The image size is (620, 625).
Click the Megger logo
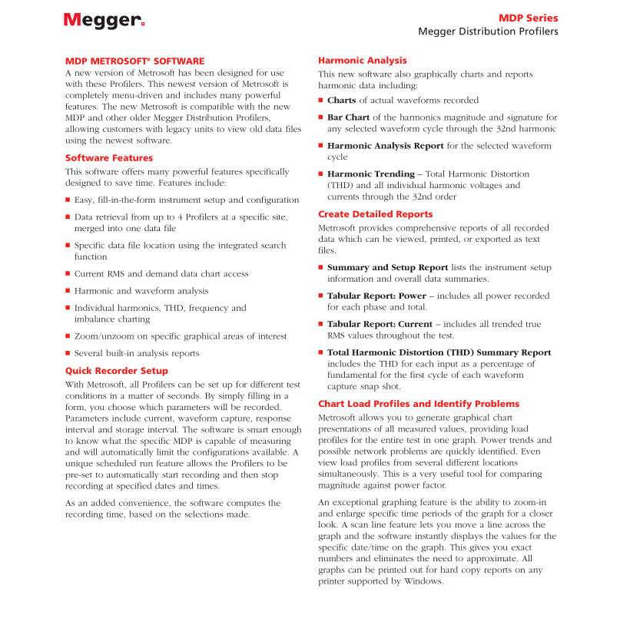[104, 21]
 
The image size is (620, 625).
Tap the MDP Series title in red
[528, 18]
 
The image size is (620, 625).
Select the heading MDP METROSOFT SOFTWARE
[134, 60]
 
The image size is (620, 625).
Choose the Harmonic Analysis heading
[363, 60]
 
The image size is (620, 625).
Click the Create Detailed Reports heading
[376, 214]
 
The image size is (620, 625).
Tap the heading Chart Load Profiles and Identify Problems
[419, 404]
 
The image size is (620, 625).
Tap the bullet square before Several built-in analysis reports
[68, 354]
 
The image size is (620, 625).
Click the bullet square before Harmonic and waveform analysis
[68, 292]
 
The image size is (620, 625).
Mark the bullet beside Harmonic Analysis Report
[321, 146]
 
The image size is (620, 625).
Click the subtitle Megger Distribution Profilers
[488, 31]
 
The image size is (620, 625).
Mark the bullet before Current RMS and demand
[68, 274]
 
